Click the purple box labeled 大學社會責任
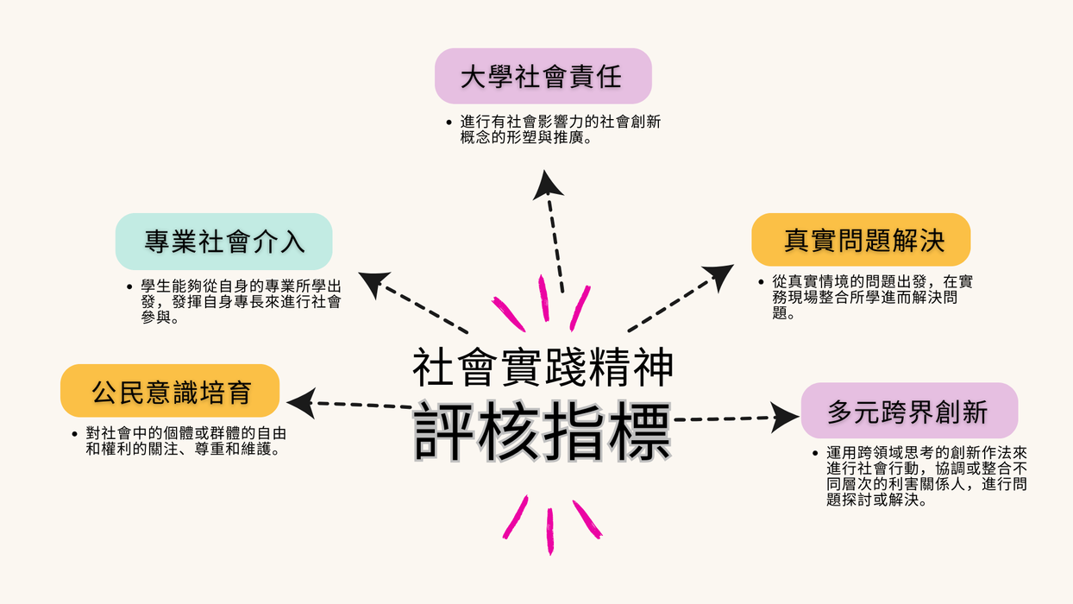coord(543,77)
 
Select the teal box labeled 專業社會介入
coord(224,242)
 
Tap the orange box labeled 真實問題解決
coord(862,240)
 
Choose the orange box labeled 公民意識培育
coord(170,391)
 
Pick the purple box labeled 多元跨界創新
coord(908,411)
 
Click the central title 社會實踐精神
coord(543,366)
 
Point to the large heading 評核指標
coord(543,431)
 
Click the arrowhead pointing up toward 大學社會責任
coord(547,184)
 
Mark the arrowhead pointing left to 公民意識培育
coord(300,402)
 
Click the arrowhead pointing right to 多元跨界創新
coord(784,418)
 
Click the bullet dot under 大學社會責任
coord(449,123)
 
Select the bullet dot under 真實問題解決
coord(761,282)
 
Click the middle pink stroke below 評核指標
coord(549,530)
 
